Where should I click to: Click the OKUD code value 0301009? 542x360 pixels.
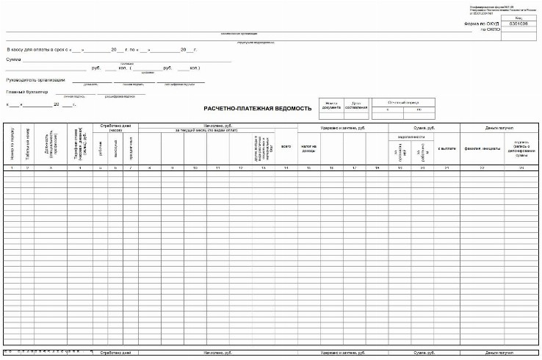pyautogui.click(x=518, y=24)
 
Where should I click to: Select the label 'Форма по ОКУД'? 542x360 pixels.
pyautogui.click(x=482, y=24)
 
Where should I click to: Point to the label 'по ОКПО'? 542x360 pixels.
pyautogui.click(x=490, y=30)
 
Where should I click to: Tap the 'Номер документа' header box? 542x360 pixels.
pyautogui.click(x=333, y=106)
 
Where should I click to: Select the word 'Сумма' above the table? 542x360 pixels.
pyautogui.click(x=13, y=58)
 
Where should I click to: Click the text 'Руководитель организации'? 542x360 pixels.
pyautogui.click(x=35, y=79)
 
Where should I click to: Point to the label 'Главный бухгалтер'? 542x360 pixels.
pyautogui.click(x=26, y=92)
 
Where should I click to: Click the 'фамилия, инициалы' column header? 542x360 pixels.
pyautogui.click(x=483, y=148)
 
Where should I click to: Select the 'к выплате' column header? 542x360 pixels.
pyautogui.click(x=447, y=148)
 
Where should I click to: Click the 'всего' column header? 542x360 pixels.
pyautogui.click(x=286, y=146)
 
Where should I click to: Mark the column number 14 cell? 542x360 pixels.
pyautogui.click(x=286, y=169)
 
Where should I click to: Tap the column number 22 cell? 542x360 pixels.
pyautogui.click(x=483, y=169)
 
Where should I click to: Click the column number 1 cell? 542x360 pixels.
pyautogui.click(x=12, y=169)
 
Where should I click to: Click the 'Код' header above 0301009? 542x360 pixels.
pyautogui.click(x=518, y=18)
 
